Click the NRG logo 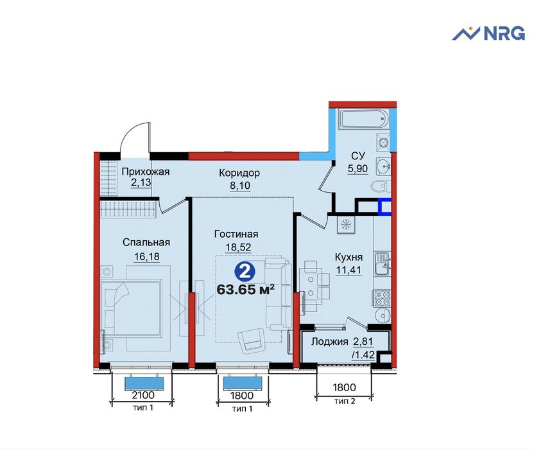pos(488,33)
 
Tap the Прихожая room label pos(146,172)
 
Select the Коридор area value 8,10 pos(239,186)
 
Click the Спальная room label pos(146,242)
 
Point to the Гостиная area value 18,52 pos(238,247)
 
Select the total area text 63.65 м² pos(246,290)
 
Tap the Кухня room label pos(349,257)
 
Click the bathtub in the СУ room pos(364,119)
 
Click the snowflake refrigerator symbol pos(346,225)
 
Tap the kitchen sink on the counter pos(383,263)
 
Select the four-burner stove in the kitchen pos(383,297)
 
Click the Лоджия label pos(330,342)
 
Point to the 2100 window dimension pos(143,395)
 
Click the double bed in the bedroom pos(132,307)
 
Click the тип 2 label pos(345,401)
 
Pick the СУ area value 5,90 pos(357,169)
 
